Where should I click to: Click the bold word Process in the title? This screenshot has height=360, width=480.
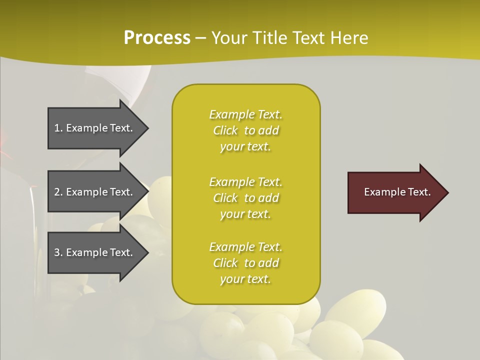click(x=157, y=38)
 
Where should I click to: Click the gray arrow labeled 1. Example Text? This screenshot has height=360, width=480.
click(x=95, y=128)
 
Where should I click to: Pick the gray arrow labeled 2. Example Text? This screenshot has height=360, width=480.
click(x=95, y=192)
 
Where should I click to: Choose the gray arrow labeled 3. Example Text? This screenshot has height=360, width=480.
click(x=95, y=252)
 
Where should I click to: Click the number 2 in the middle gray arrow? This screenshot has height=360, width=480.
click(x=57, y=192)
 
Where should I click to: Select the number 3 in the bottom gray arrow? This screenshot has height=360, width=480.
click(x=57, y=252)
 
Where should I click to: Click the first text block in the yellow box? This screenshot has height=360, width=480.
click(x=245, y=130)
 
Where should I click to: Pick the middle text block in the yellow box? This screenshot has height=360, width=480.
click(x=245, y=198)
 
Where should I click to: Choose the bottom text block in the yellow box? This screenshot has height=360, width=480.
click(x=245, y=263)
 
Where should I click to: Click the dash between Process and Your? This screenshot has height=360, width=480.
click(x=201, y=38)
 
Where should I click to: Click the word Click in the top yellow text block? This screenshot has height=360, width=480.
click(x=225, y=130)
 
